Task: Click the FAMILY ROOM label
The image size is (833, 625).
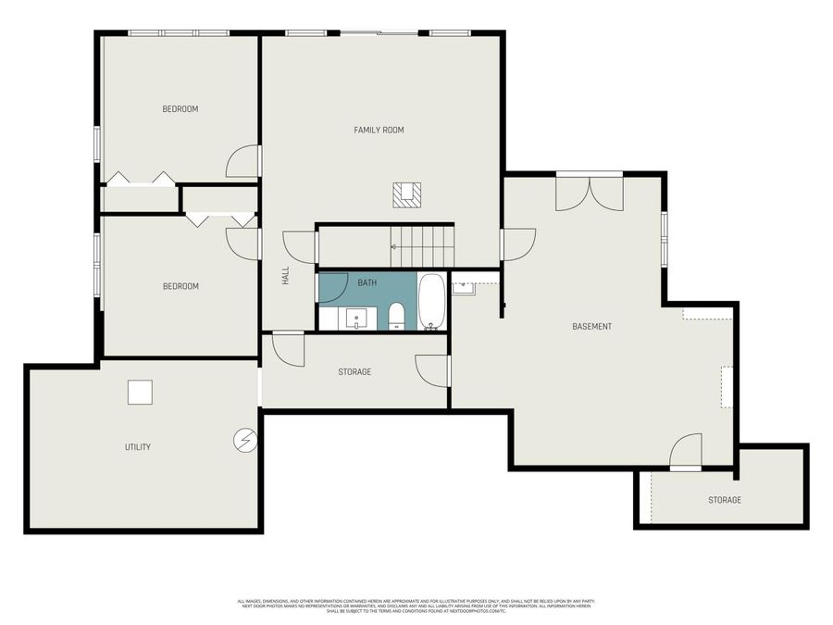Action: click(x=379, y=130)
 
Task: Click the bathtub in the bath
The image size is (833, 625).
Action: click(x=431, y=300)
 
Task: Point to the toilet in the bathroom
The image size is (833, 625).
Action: click(x=396, y=315)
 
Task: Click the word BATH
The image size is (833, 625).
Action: click(x=367, y=282)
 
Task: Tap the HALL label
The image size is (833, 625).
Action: click(x=286, y=275)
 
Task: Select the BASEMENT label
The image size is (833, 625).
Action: click(x=591, y=326)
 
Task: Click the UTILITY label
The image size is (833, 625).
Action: click(x=138, y=447)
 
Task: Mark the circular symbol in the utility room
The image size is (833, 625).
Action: click(x=244, y=439)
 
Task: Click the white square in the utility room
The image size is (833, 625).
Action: click(x=140, y=393)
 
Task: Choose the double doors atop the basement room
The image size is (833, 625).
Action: click(x=589, y=192)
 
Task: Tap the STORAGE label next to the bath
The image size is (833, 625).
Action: click(x=354, y=371)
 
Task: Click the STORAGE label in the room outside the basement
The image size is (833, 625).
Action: click(x=725, y=500)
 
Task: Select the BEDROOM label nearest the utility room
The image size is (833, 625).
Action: click(x=180, y=286)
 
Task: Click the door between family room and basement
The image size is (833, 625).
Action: click(x=516, y=244)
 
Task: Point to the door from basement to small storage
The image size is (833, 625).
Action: click(x=686, y=453)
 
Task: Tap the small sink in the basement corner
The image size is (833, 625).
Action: click(x=463, y=287)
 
